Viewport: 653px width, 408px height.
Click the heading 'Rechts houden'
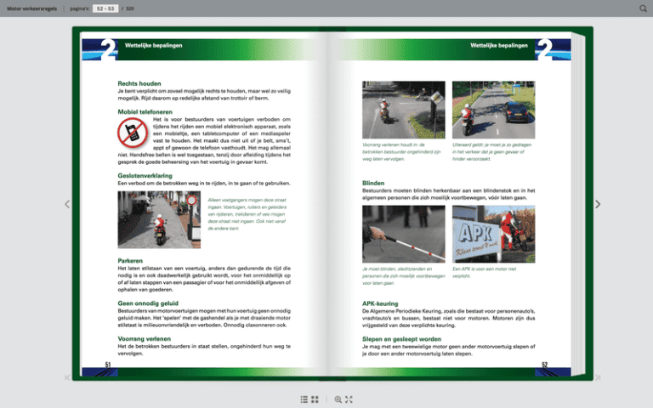tap(139, 84)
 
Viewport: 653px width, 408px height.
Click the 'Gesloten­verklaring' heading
tap(148, 175)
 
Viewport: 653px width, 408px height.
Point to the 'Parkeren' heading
tap(131, 260)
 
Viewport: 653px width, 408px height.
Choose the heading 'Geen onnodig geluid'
tap(148, 303)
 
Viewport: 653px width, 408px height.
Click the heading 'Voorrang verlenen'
tap(145, 338)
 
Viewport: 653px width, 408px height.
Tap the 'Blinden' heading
tap(373, 183)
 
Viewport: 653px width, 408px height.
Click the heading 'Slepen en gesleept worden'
tap(401, 338)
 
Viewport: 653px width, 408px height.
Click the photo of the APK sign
tap(491, 232)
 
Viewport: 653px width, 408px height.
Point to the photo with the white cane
tap(403, 232)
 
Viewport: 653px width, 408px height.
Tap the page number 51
tap(109, 365)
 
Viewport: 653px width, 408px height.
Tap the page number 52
tap(544, 365)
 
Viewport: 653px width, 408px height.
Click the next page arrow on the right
tap(598, 204)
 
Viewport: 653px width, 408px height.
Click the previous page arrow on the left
tap(67, 204)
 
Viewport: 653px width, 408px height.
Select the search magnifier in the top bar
tap(642, 8)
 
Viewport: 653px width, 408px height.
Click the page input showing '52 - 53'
tap(105, 8)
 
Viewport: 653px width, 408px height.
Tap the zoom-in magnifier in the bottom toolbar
tap(338, 399)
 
